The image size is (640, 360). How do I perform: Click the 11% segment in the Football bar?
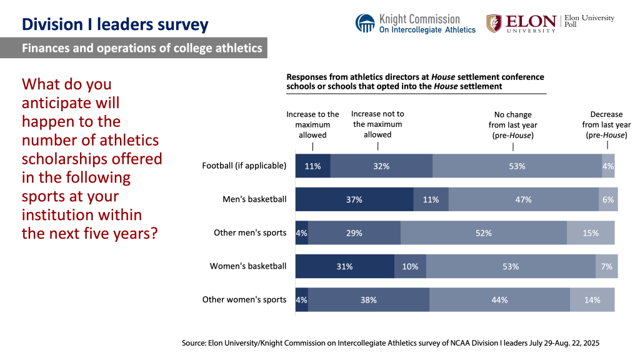pyautogui.click(x=312, y=166)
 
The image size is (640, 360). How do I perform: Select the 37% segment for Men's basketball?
pyautogui.click(x=354, y=199)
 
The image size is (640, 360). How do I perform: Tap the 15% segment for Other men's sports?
pyautogui.click(x=590, y=233)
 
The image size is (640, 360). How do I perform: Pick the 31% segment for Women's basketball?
pyautogui.click(x=344, y=266)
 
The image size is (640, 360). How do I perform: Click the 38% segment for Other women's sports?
pyautogui.click(x=368, y=300)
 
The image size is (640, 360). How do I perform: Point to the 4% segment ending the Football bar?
pyautogui.click(x=608, y=166)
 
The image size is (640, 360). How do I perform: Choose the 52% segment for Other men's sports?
pyautogui.click(x=483, y=233)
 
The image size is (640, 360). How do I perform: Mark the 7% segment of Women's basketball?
pyautogui.click(x=606, y=266)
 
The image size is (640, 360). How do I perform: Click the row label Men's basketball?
pyautogui.click(x=254, y=199)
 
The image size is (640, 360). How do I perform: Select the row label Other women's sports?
pyautogui.click(x=244, y=300)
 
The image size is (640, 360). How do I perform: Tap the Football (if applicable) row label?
pyautogui.click(x=244, y=166)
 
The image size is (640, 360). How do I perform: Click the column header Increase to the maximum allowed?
pyautogui.click(x=312, y=124)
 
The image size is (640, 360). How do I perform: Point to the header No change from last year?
pyautogui.click(x=512, y=124)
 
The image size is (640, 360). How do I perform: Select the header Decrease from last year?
pyautogui.click(x=606, y=124)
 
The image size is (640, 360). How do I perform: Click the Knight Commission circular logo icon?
pyautogui.click(x=365, y=23)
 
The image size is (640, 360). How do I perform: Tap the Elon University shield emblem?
pyautogui.click(x=494, y=23)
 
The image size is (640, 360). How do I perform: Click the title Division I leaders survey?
pyautogui.click(x=115, y=24)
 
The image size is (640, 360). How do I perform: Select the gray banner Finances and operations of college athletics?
pyautogui.click(x=134, y=48)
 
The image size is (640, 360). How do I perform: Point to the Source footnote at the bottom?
pyautogui.click(x=391, y=343)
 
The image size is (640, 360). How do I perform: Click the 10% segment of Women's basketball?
pyautogui.click(x=410, y=266)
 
